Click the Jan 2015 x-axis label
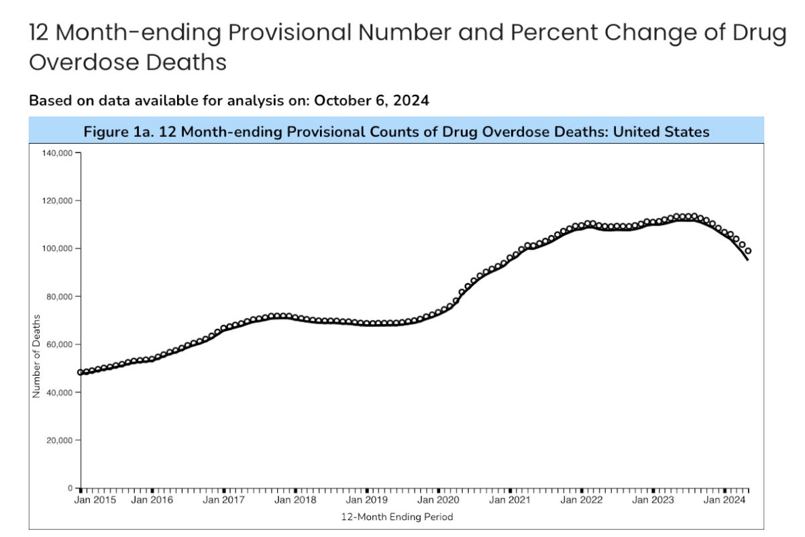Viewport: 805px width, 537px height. (x=95, y=500)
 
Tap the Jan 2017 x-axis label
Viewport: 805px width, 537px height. (x=223, y=500)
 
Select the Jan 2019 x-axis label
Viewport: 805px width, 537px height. (x=366, y=500)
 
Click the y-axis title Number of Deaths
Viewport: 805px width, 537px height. (x=36, y=356)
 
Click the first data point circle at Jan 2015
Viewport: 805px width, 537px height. (x=80, y=372)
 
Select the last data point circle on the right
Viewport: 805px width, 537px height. (x=748, y=251)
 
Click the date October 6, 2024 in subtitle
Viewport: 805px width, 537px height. (x=371, y=101)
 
